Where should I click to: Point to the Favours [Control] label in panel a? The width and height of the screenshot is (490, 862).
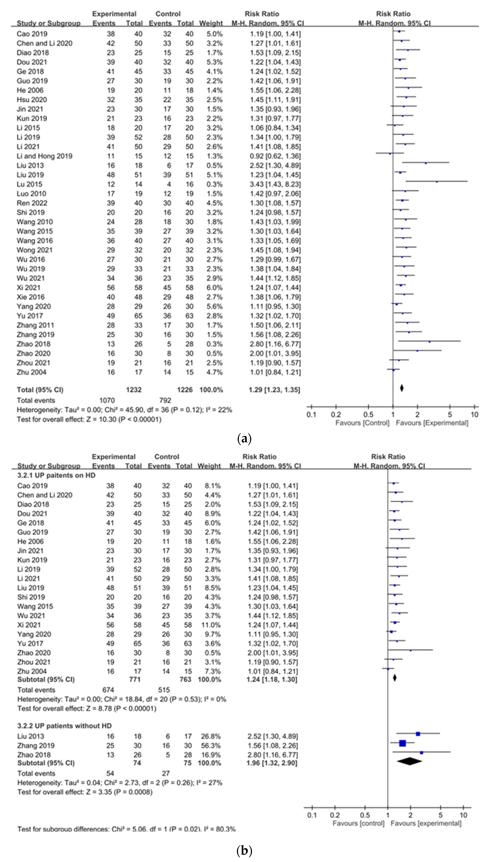(x=362, y=423)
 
